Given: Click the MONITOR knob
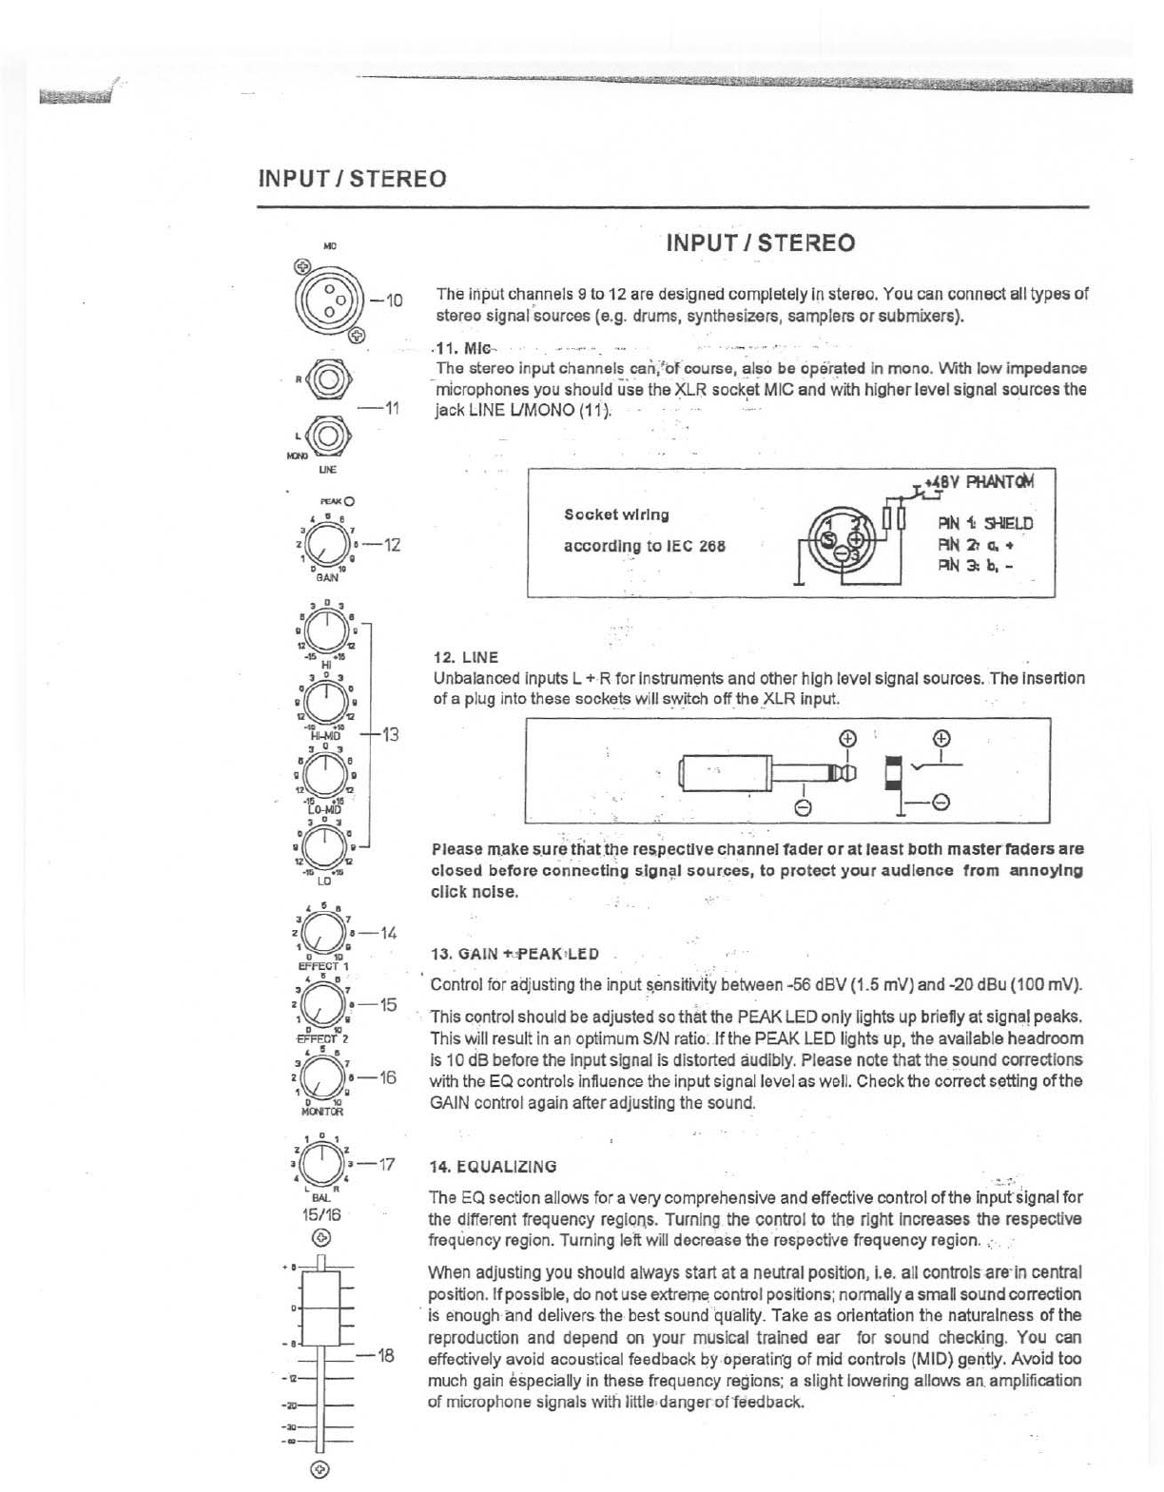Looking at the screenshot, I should click(x=325, y=1076).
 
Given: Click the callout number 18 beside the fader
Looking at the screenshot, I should click(x=385, y=1354).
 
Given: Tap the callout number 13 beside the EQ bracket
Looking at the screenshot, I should click(x=389, y=734).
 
